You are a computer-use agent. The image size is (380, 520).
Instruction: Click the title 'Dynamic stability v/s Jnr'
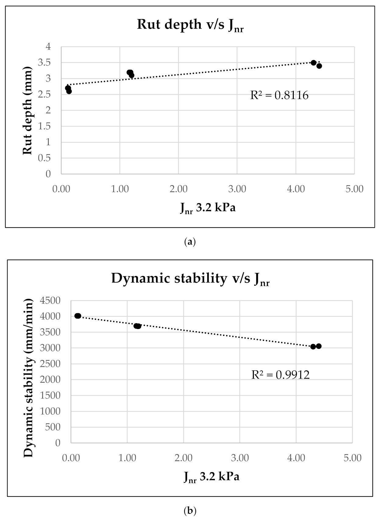coord(190,278)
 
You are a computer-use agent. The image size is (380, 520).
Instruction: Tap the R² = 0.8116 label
coord(279,95)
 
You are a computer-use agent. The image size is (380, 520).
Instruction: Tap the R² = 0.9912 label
coord(280,374)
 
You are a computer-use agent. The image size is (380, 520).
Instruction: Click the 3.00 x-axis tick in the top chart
coord(237,189)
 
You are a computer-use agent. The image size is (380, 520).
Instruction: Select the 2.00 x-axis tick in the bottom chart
coord(183,458)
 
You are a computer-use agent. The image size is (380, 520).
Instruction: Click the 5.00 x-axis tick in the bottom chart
coord(352,458)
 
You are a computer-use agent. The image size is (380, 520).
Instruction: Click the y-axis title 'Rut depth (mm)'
coord(27,110)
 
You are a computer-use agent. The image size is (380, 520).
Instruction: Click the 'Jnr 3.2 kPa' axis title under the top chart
coord(208,208)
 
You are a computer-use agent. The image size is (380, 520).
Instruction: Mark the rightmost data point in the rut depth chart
coord(319,66)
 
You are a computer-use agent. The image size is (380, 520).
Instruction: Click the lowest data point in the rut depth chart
coord(69,91)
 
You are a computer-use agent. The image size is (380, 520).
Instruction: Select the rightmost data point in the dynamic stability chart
coord(319,346)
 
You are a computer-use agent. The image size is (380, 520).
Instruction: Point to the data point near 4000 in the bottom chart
coord(78,316)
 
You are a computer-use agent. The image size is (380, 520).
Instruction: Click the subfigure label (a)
coord(190,242)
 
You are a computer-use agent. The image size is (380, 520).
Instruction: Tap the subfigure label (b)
coord(190,510)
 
